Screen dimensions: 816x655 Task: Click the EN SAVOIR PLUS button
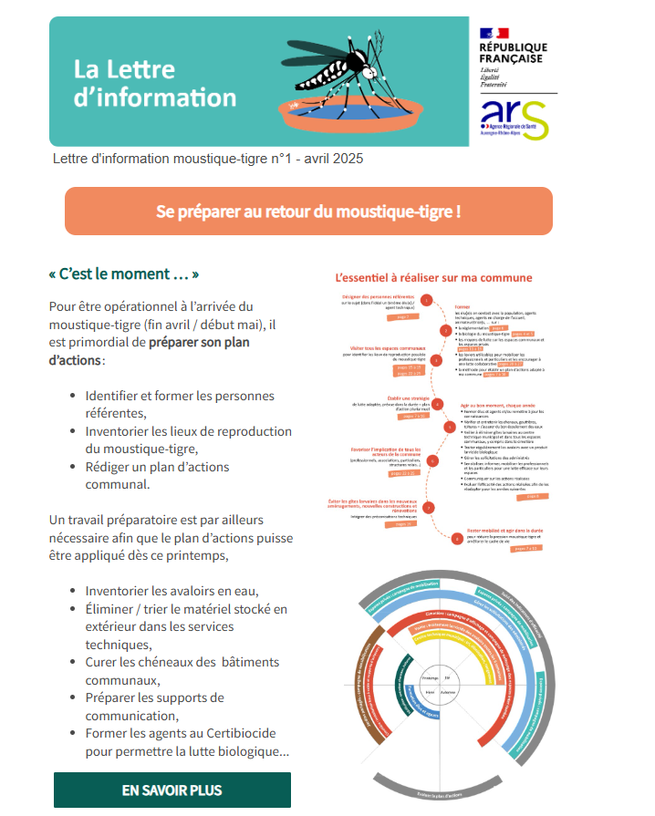(172, 790)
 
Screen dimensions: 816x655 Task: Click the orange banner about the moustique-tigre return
(308, 212)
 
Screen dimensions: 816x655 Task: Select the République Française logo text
(513, 53)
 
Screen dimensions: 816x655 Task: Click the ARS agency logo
(515, 119)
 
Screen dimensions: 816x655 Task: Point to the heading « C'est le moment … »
(123, 274)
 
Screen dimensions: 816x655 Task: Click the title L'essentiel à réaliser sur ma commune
(433, 277)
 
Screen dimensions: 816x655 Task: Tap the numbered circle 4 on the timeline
(437, 403)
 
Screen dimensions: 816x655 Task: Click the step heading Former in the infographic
(462, 307)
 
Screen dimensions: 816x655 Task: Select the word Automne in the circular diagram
(448, 692)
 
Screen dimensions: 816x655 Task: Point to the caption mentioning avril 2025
(208, 159)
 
